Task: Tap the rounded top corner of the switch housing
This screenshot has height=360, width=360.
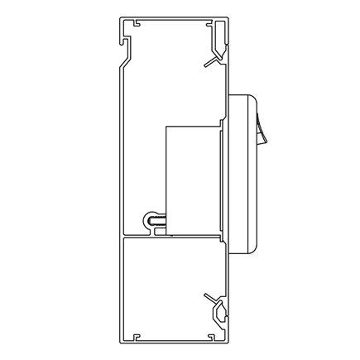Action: click(248, 98)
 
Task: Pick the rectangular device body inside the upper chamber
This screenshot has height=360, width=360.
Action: click(191, 178)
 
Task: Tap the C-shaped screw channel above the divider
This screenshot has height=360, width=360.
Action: click(154, 221)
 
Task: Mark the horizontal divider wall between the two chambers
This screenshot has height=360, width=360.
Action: click(174, 238)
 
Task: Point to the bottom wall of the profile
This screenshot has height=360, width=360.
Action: click(174, 341)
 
